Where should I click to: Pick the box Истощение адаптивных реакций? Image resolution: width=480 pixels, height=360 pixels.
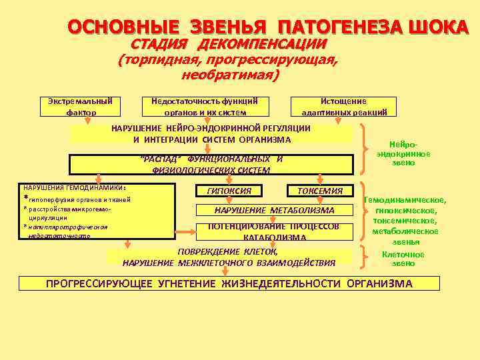344,107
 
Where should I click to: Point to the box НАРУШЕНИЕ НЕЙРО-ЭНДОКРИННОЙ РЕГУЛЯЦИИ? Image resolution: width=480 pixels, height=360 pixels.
211,133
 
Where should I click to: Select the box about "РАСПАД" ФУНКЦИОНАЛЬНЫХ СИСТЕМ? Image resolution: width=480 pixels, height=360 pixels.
211,164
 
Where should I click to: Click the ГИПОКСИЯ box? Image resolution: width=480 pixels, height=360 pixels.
229,191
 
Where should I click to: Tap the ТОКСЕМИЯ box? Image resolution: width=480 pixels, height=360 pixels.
319,191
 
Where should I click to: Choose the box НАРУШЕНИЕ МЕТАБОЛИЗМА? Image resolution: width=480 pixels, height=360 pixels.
274,210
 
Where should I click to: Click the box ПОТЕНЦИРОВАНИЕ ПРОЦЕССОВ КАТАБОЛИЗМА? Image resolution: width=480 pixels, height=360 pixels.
274,231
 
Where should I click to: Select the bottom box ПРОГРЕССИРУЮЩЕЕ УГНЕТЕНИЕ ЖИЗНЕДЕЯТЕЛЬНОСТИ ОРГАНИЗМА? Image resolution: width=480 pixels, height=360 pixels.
229,283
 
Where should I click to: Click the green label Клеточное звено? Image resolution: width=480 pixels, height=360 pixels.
403,259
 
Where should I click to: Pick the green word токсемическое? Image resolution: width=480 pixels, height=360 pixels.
405,221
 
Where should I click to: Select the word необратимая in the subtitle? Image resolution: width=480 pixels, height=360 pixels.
230,75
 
